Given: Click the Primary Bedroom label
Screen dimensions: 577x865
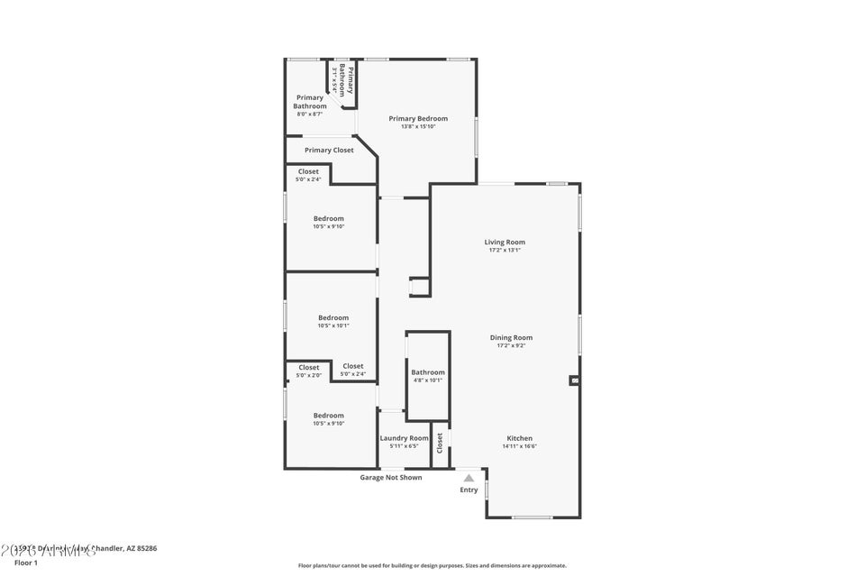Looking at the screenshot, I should click(418, 118).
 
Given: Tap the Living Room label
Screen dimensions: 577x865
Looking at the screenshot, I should click(505, 242).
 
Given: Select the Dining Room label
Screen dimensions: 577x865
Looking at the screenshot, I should click(511, 337).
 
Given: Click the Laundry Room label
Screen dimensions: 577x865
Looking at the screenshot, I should click(404, 438).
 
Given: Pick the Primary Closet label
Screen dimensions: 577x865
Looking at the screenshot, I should click(329, 151).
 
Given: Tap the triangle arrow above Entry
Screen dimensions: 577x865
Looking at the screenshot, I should click(469, 479).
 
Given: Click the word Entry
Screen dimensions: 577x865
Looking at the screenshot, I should click(469, 490).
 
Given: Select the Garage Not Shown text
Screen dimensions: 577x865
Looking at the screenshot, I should click(391, 478).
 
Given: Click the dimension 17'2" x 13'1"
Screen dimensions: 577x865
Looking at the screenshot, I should click(505, 250).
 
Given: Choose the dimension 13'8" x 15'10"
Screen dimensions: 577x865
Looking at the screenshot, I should click(418, 126).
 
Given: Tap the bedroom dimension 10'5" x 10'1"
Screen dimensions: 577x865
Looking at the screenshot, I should click(332, 325).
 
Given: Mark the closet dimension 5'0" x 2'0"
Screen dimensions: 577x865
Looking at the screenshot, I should click(308, 375).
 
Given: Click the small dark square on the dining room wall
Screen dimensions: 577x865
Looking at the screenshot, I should click(574, 381).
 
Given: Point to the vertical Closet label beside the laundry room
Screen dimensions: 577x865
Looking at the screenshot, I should click(440, 443).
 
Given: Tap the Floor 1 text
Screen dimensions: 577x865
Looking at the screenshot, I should click(26, 563).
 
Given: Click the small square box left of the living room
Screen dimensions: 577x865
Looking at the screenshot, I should click(419, 287).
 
